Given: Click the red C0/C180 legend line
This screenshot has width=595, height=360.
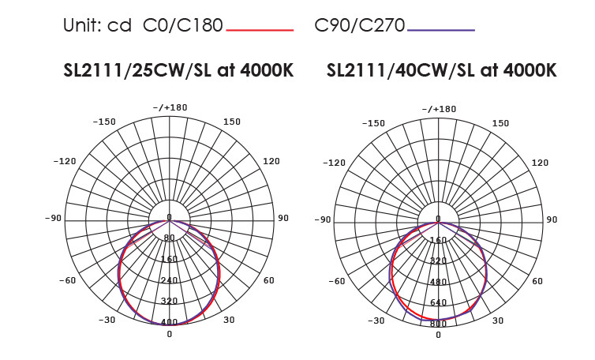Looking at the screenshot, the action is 260,30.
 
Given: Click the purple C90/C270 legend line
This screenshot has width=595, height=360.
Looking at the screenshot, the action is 441,30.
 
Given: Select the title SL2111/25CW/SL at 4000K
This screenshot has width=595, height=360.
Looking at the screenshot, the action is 178,70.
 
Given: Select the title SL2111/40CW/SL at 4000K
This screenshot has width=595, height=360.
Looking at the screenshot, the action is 441,70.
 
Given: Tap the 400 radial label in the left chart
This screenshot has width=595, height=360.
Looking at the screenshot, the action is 169,322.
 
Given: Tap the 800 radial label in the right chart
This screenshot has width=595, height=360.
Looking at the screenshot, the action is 438,324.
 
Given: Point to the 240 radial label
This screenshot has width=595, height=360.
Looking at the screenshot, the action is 169,280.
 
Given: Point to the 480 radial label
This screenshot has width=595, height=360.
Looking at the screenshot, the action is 438,282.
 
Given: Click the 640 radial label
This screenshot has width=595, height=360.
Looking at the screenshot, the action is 438,302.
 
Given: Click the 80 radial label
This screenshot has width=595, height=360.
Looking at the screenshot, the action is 169,238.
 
